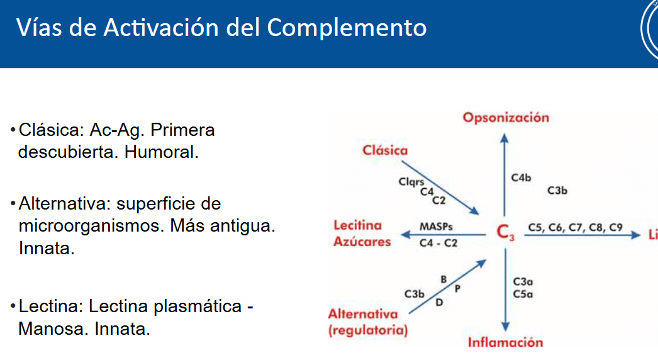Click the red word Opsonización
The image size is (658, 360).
tap(506, 118)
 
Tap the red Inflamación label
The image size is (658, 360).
tap(505, 342)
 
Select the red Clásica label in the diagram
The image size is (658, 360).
tap(385, 150)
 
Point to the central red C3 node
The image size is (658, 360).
tap(505, 233)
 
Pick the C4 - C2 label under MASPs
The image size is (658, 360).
tap(438, 242)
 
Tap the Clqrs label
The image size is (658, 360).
tap(411, 182)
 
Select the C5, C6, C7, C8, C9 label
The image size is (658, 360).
tap(575, 227)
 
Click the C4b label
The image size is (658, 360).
tap(521, 178)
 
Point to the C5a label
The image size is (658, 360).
tap(523, 294)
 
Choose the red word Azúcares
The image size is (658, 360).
tap(362, 242)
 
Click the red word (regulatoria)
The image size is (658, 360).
tap(367, 330)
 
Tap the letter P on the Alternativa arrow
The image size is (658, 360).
tap(457, 288)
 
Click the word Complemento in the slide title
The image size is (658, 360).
tap(347, 27)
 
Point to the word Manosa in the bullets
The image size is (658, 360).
tap(53, 329)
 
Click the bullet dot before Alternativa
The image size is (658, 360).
tap(13, 205)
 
